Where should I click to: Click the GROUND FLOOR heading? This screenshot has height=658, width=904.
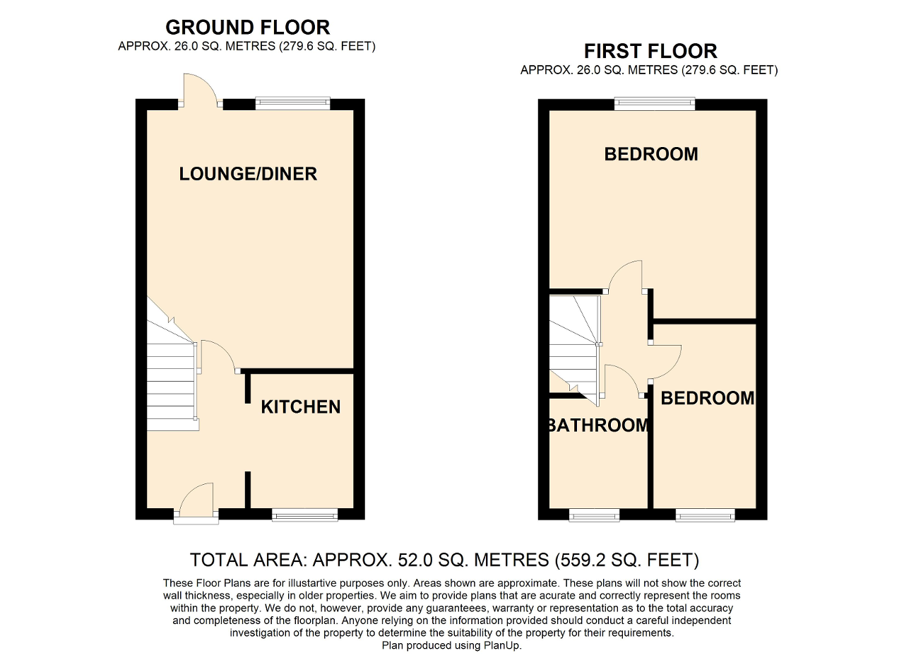[x=247, y=28]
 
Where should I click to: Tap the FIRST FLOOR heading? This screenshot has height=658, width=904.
[x=650, y=52]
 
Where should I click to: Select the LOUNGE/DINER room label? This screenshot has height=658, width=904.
[x=248, y=174]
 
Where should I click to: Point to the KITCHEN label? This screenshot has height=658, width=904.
[x=301, y=407]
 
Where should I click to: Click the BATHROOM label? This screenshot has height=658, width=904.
[x=598, y=425]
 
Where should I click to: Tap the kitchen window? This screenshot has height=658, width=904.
[x=304, y=515]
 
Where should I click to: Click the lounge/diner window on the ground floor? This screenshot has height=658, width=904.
[x=292, y=102]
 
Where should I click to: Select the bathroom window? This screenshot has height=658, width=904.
[x=594, y=515]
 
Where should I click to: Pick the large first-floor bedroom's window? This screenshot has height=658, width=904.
[x=655, y=103]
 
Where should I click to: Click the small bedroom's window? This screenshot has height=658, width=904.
[x=705, y=515]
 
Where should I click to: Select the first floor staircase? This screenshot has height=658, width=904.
[x=575, y=350]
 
